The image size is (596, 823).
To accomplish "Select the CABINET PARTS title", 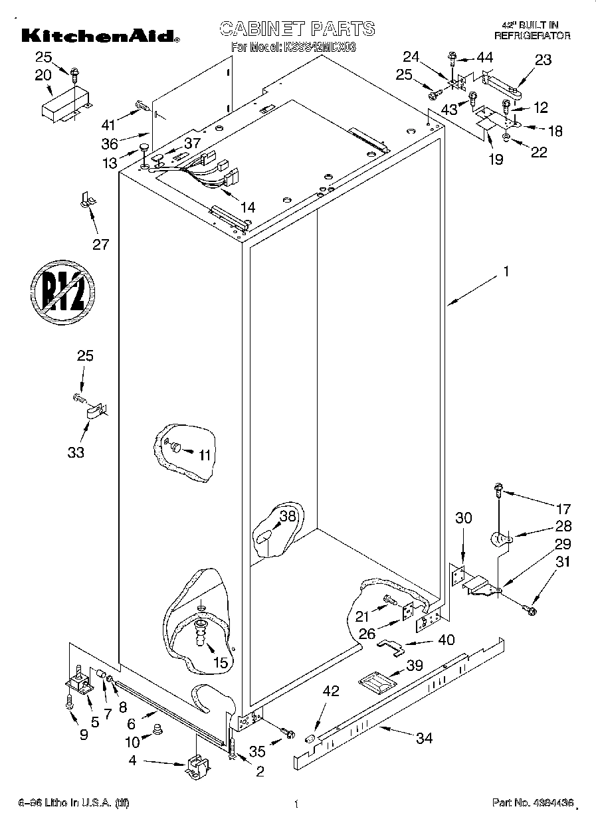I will (x=297, y=29).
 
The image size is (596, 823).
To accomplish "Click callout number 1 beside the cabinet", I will (x=506, y=271).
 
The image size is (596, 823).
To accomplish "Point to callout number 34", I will (x=423, y=737).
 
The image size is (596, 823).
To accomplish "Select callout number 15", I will (x=220, y=662).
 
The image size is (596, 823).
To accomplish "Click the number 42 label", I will (x=330, y=691).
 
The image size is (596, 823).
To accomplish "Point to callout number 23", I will (x=543, y=60).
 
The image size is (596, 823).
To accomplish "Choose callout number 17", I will (x=563, y=509).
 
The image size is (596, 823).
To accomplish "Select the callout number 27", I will (x=100, y=244).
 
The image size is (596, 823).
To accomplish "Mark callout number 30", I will (x=463, y=518).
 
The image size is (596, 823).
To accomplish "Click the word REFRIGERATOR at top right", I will (x=532, y=36).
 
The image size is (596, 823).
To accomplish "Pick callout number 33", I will (x=76, y=452).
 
